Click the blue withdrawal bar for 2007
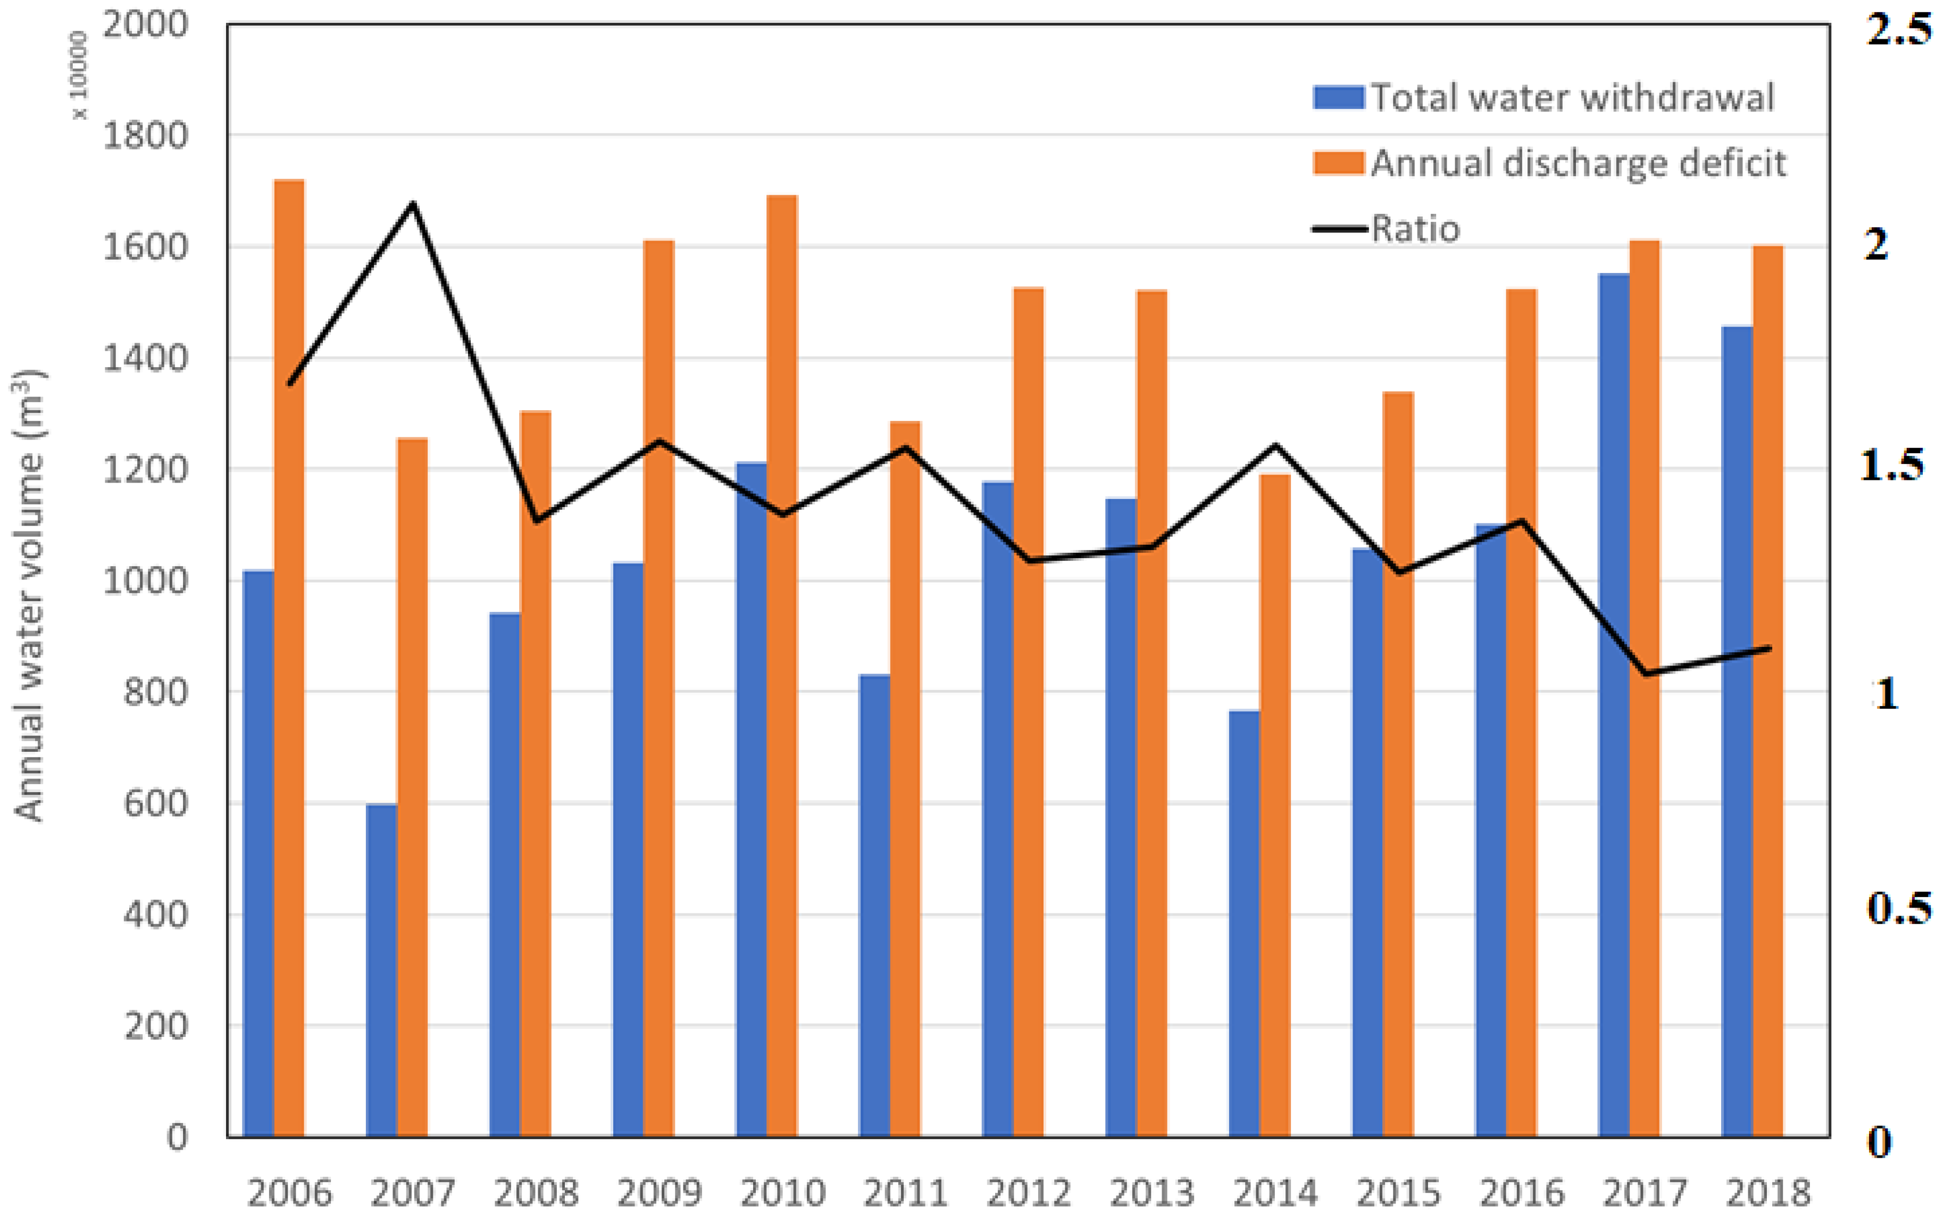(381, 969)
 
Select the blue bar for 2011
(874, 904)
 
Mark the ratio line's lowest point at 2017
(1645, 674)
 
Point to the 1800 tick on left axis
(145, 136)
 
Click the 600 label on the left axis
(154, 803)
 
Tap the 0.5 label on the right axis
(1897, 908)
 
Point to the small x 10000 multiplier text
(79, 75)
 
